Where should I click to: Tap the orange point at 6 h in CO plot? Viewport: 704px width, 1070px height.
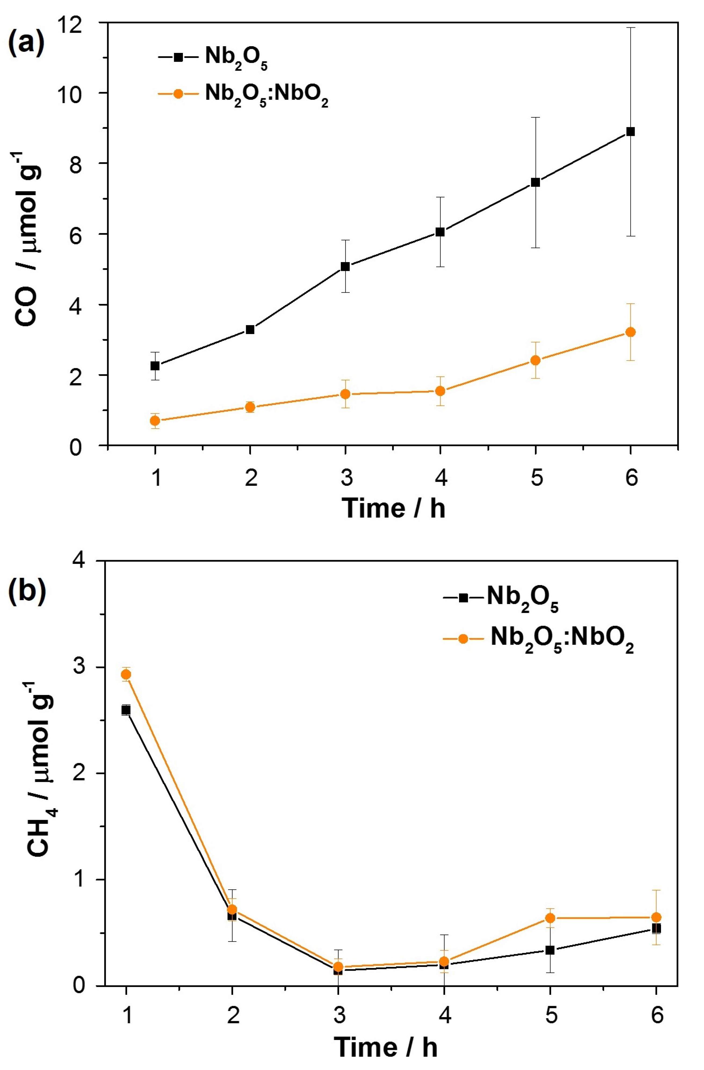tap(631, 332)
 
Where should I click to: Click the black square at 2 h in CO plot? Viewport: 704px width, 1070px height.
tap(250, 329)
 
